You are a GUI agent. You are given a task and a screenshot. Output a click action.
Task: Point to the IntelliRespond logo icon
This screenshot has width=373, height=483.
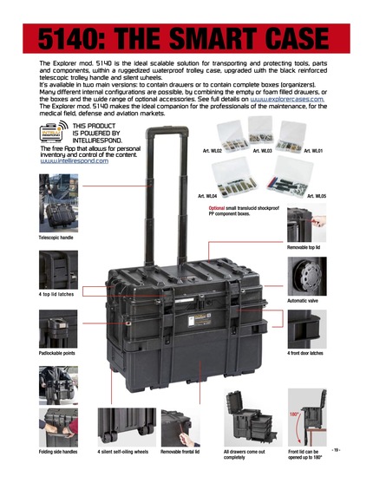[x=55, y=134]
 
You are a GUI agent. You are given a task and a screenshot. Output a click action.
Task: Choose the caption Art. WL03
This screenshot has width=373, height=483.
[x=263, y=151]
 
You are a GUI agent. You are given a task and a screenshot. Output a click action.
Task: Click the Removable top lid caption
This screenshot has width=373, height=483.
[x=310, y=247]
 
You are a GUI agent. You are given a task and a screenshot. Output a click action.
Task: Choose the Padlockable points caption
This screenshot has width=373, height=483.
[x=59, y=353]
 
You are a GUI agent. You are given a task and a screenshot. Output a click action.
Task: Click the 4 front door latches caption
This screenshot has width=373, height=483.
[x=306, y=353]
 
